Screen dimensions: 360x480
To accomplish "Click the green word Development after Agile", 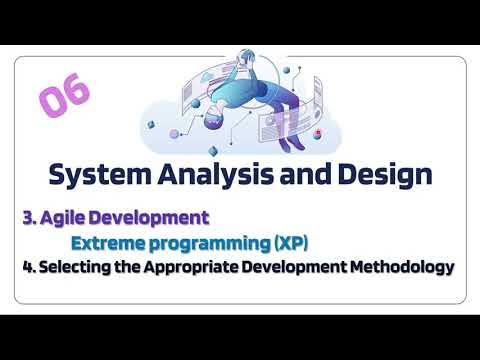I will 151,217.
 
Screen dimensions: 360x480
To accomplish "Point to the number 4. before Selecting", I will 27,267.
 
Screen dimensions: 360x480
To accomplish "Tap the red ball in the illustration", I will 318,131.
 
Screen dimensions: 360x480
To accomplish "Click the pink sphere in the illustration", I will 174,133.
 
